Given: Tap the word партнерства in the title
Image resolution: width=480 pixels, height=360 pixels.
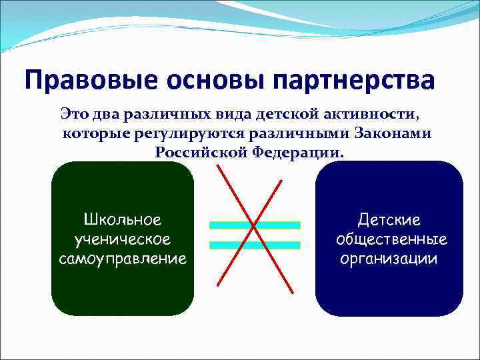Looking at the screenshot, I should tap(359, 81).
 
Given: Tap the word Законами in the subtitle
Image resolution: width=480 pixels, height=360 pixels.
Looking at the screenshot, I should tap(393, 133).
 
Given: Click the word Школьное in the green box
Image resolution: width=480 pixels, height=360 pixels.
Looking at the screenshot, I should tap(123, 219).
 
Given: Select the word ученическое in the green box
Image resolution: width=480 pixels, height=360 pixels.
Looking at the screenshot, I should tap(123, 239).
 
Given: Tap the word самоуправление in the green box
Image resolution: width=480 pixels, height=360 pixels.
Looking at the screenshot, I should tap(123, 258).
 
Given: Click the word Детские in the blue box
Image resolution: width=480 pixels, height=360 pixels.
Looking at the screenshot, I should tap(389, 219).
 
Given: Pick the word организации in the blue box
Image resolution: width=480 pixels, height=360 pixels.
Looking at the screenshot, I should tap(389, 258).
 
